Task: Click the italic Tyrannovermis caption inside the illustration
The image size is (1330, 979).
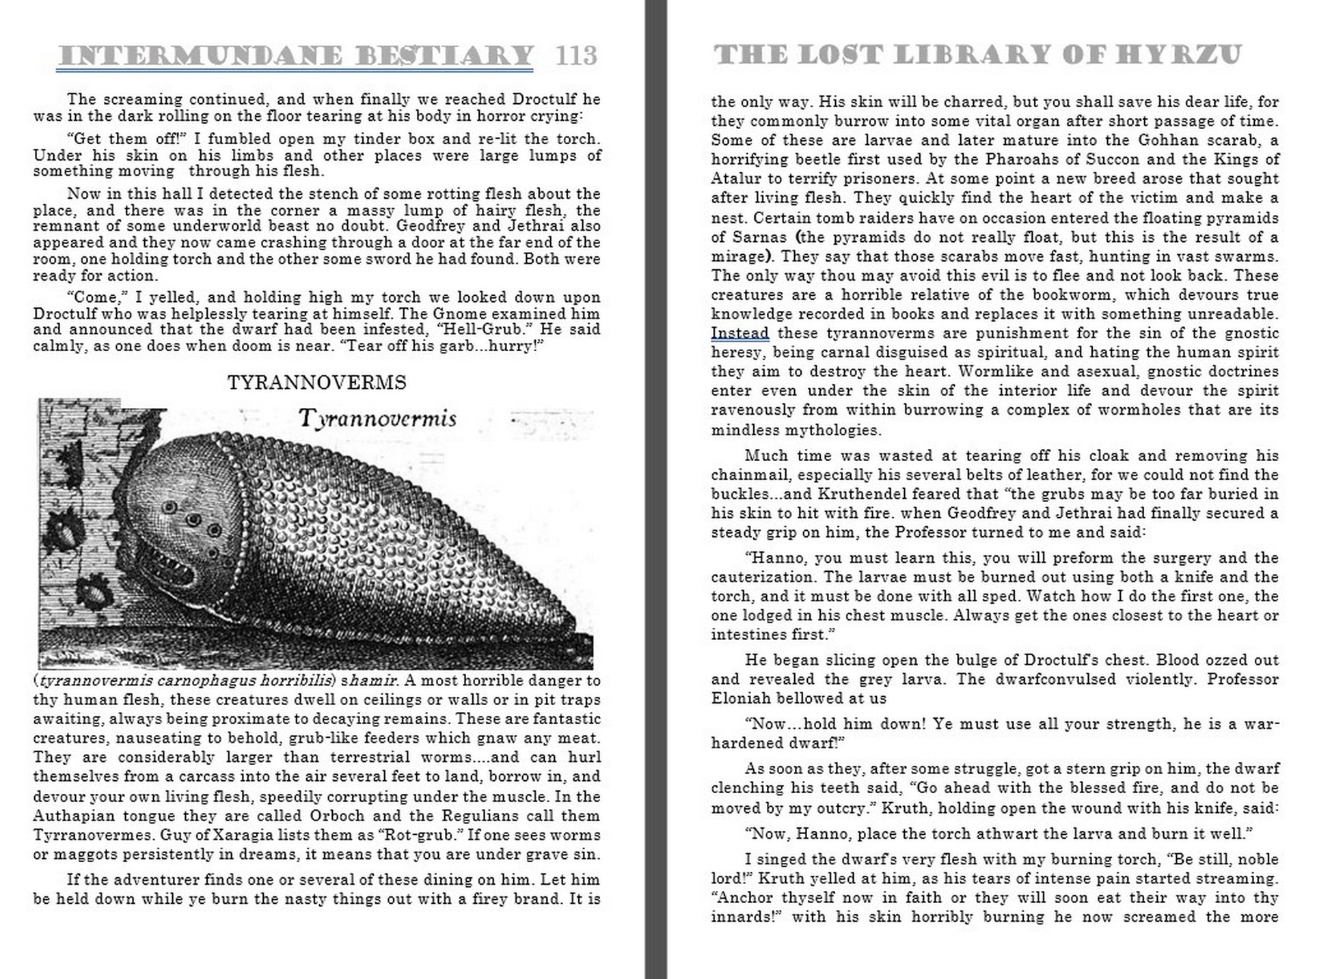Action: click(x=377, y=418)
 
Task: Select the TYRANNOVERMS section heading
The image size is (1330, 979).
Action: click(x=317, y=383)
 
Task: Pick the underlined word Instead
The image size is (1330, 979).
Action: click(x=740, y=333)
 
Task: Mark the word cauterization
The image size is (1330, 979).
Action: click(x=765, y=577)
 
